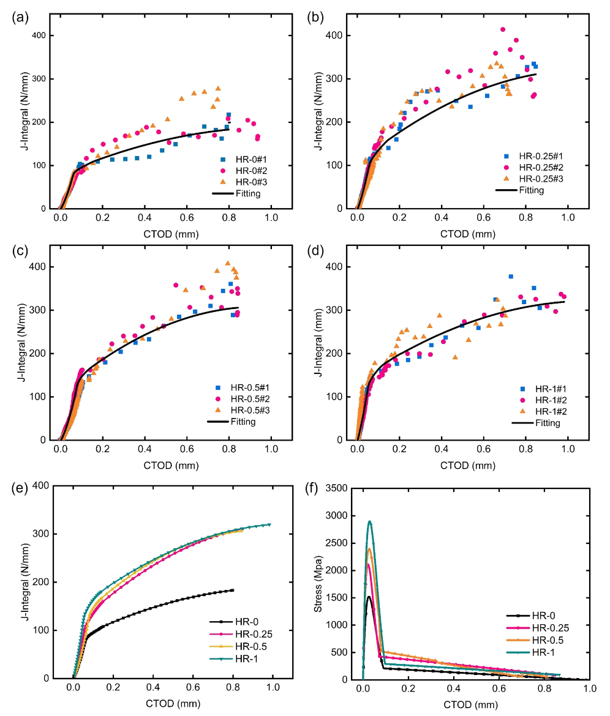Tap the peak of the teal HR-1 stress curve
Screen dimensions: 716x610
pos(370,521)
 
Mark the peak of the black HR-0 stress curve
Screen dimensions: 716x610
pos(369,597)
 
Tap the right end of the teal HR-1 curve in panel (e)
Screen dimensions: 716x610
pos(269,524)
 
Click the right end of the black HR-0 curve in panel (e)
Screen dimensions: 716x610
pos(233,590)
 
